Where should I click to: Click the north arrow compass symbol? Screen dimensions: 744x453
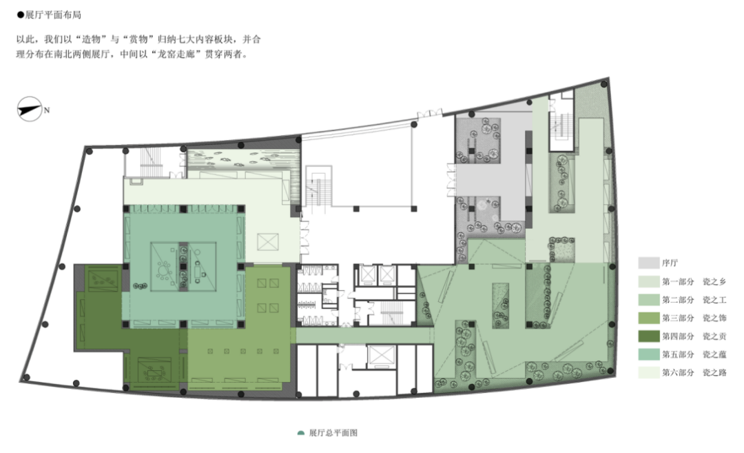point(30,109)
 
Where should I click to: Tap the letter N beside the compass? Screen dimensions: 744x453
point(47,110)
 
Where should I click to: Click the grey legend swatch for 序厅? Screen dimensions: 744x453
point(649,263)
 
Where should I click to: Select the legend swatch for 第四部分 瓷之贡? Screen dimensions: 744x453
point(649,336)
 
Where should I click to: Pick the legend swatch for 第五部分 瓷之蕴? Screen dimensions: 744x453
point(649,354)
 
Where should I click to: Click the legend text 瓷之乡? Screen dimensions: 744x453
point(714,281)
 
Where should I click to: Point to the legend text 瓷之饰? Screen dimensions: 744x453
point(714,318)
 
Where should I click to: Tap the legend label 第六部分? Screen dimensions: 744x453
point(678,373)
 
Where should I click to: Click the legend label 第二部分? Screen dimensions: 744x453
point(678,300)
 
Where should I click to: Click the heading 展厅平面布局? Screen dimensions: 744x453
point(53,14)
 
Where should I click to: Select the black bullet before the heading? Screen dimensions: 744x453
point(21,14)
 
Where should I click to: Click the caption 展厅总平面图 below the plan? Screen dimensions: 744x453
point(333,432)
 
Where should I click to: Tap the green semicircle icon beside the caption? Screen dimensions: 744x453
point(300,433)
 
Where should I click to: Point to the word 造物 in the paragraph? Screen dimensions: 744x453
point(91,39)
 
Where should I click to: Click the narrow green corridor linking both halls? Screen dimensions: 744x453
point(364,336)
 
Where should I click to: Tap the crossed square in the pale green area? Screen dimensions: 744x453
point(267,242)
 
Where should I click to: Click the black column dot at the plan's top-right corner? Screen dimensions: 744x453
point(604,84)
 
